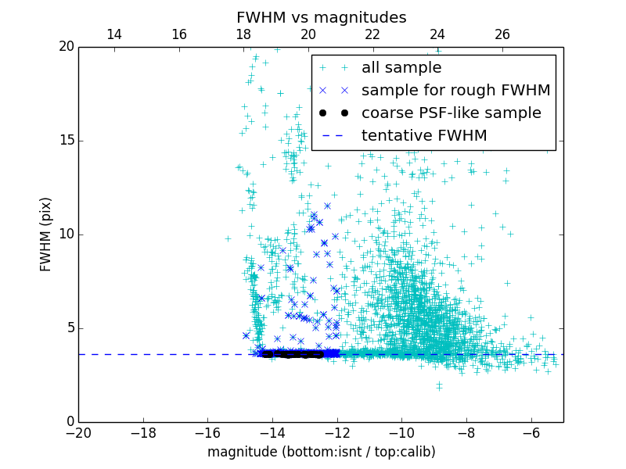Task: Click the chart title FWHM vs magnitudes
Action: pos(321,17)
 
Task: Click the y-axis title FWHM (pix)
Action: pos(46,234)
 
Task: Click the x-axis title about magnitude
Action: pos(321,452)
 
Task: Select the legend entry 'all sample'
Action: pos(401,68)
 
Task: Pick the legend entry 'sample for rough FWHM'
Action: pos(455,91)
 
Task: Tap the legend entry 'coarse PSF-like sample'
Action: pos(451,113)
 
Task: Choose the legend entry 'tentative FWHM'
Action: pos(424,136)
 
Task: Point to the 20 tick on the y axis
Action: pos(65,47)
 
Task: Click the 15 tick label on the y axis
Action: pos(65,141)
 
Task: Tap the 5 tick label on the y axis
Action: pos(69,328)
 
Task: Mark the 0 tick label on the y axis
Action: pos(69,422)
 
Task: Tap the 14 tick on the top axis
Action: pos(114,34)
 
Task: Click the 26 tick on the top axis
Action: pos(502,34)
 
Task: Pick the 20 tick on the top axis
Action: pos(308,34)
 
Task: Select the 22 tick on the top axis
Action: pos(372,34)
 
